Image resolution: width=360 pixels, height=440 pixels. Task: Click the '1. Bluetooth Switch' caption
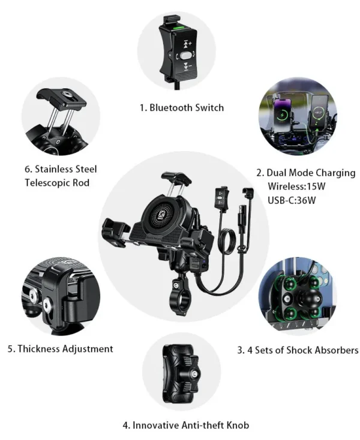pyautogui.click(x=182, y=107)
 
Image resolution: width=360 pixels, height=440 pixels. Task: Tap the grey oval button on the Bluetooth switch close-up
pyautogui.click(x=185, y=56)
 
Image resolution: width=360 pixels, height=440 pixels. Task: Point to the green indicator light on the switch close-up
pyautogui.click(x=179, y=28)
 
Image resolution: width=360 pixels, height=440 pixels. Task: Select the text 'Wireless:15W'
pyautogui.click(x=296, y=186)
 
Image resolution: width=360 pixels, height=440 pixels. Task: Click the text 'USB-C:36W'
pyautogui.click(x=292, y=200)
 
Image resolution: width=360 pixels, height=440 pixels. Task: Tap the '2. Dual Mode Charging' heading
pyautogui.click(x=306, y=173)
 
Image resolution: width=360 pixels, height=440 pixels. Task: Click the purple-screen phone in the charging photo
pyautogui.click(x=283, y=115)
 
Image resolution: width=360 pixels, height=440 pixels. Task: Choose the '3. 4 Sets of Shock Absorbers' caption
pyautogui.click(x=298, y=350)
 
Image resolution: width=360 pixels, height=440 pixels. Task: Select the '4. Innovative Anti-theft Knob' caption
pyautogui.click(x=186, y=425)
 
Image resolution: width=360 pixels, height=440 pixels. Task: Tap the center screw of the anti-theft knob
pyautogui.click(x=194, y=374)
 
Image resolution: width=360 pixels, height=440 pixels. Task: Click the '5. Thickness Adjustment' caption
pyautogui.click(x=61, y=349)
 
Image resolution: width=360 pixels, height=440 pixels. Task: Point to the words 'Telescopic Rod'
pyautogui.click(x=57, y=183)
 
